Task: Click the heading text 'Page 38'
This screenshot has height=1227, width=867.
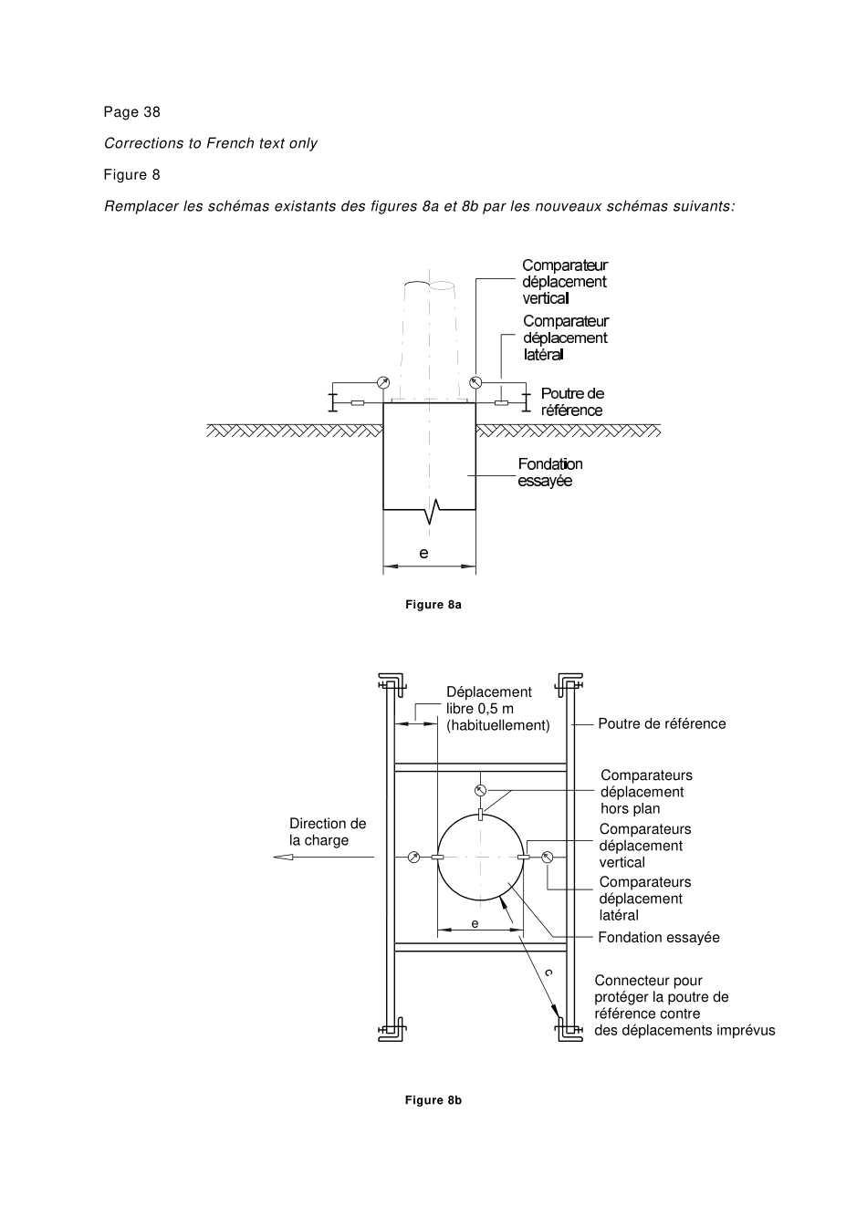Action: tap(131, 112)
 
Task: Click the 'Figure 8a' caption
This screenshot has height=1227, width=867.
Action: tap(433, 605)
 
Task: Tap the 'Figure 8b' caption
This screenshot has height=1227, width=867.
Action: tap(433, 1100)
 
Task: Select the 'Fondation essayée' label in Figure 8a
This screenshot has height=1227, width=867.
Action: tap(549, 473)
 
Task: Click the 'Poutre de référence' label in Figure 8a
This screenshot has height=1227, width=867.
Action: tap(572, 401)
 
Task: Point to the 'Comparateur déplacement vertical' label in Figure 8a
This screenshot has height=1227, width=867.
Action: tap(564, 282)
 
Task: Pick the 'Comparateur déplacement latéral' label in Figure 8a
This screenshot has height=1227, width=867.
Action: tap(565, 338)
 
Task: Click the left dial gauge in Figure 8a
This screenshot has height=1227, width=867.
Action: tap(382, 382)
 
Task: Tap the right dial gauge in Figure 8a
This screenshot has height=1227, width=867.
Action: tap(475, 382)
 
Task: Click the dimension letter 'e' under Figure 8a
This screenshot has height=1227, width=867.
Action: tap(423, 553)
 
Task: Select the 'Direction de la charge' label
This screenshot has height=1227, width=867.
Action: tap(328, 832)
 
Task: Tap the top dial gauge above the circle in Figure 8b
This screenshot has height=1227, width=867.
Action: tap(481, 790)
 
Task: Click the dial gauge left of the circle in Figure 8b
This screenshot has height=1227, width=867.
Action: tap(413, 857)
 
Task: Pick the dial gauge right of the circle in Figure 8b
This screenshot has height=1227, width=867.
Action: tap(548, 857)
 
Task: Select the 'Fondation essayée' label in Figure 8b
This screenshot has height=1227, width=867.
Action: tap(659, 938)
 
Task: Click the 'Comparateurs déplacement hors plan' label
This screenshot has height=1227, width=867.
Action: tap(645, 792)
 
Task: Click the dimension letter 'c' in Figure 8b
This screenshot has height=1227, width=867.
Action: tap(548, 973)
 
